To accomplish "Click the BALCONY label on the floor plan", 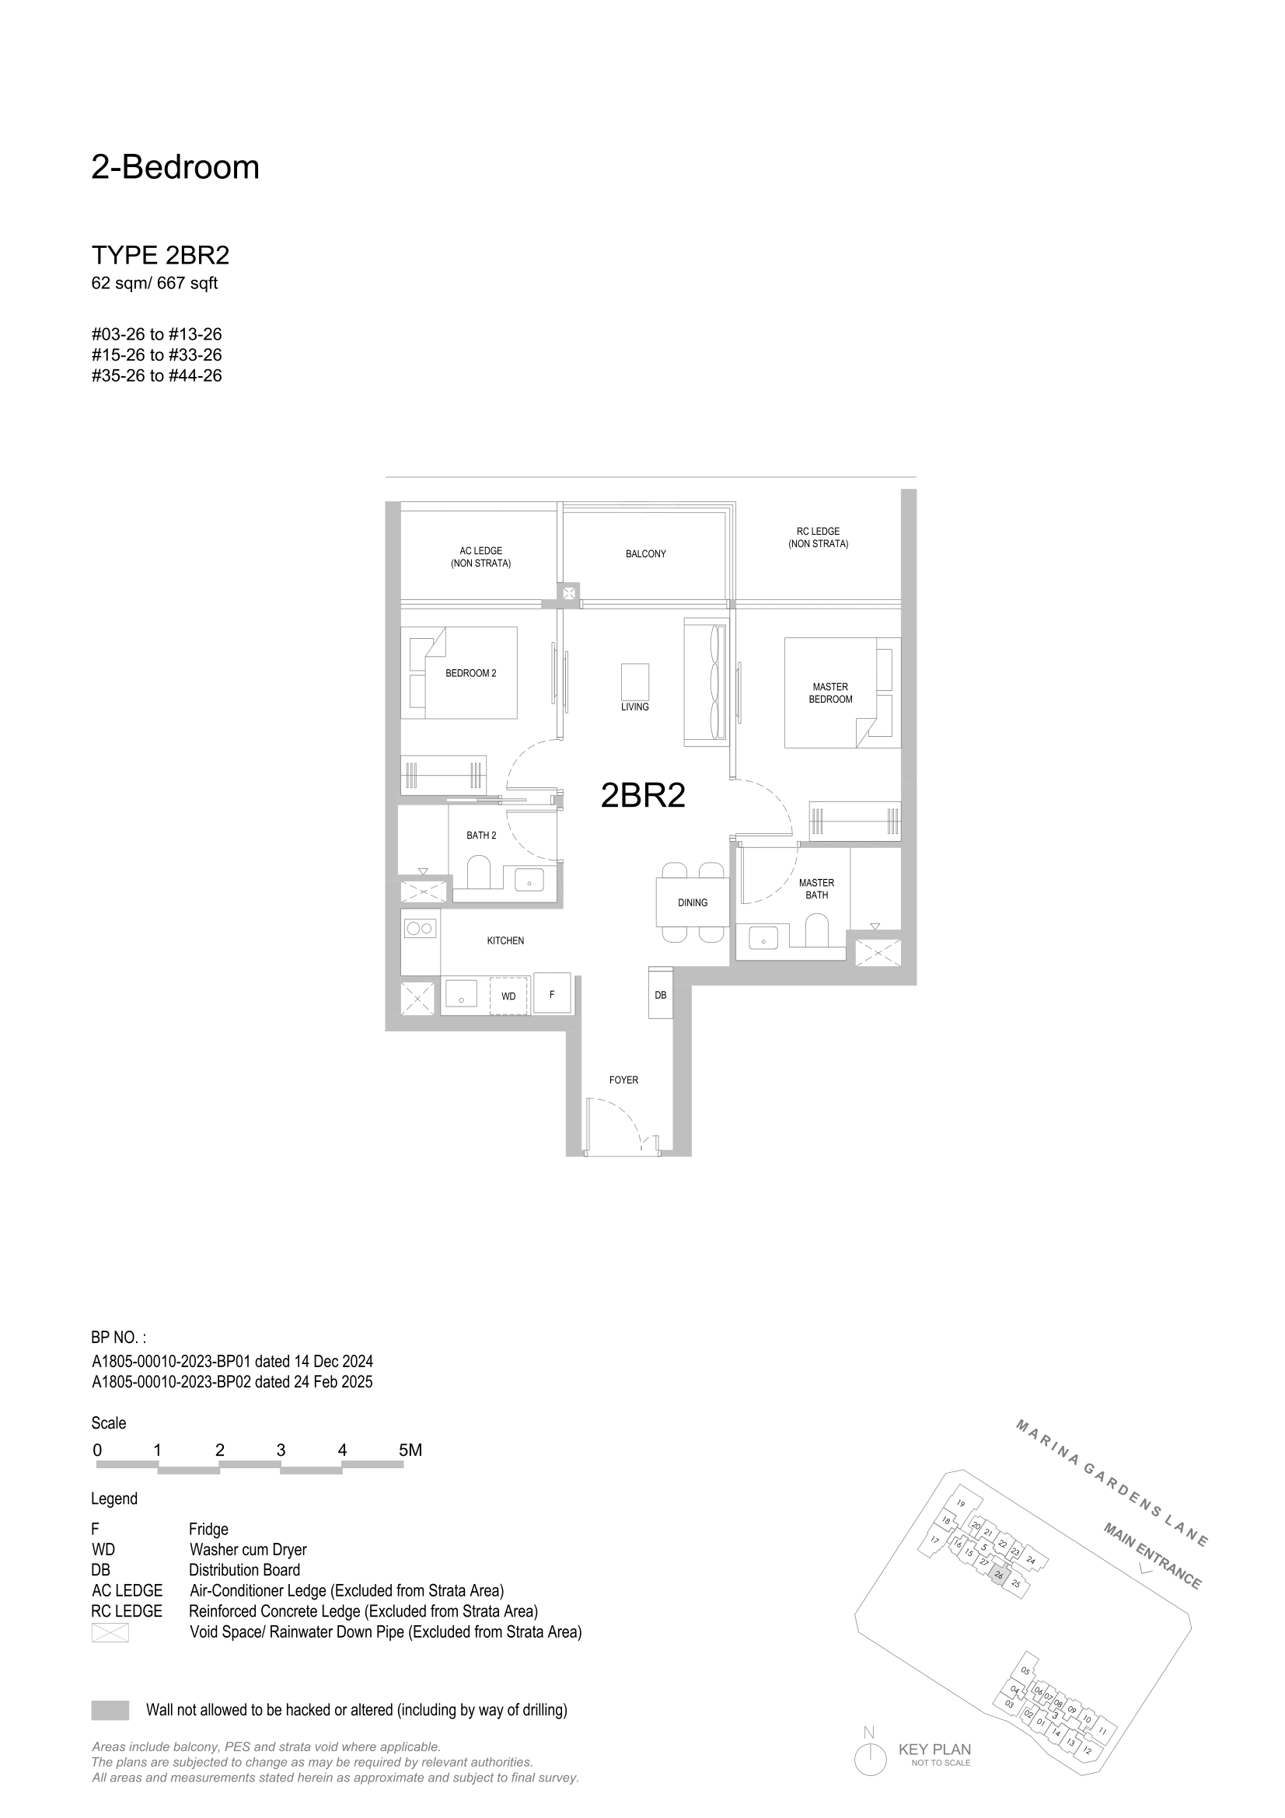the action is [x=645, y=553].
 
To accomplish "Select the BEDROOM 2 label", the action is [x=470, y=673].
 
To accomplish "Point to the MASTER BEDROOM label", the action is [x=830, y=693].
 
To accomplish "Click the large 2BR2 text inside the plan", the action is [x=643, y=795].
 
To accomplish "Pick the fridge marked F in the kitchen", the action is [x=552, y=993].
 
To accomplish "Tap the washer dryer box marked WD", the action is [x=508, y=996].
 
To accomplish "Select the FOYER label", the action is [x=623, y=1080].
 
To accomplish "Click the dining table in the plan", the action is [x=692, y=902].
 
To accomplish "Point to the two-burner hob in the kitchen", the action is [x=420, y=927].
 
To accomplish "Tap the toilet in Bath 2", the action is [x=479, y=875].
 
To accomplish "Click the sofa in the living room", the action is [x=704, y=682].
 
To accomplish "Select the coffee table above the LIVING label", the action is [x=635, y=680].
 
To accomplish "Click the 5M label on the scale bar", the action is [x=410, y=1450].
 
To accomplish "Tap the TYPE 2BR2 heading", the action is [x=161, y=255].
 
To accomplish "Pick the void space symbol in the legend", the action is [x=110, y=1632].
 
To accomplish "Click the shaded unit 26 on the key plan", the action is [x=999, y=1575].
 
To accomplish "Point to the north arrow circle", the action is [x=870, y=1760].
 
